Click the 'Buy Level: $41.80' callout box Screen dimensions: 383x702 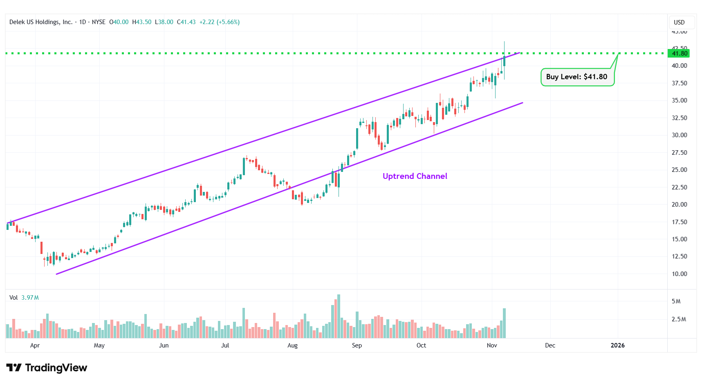(577, 77)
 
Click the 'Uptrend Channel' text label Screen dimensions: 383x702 (415, 176)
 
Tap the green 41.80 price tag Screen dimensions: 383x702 (679, 53)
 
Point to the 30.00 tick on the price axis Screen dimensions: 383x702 (679, 135)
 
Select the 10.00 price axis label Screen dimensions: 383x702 (679, 274)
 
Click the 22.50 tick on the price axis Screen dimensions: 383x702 (679, 187)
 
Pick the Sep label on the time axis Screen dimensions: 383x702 (357, 345)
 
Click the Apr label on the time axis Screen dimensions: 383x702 (35, 345)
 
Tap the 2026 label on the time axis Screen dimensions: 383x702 (617, 345)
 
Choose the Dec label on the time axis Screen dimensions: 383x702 (550, 345)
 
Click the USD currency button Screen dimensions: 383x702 (679, 22)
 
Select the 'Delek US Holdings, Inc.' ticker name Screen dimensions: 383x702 (41, 22)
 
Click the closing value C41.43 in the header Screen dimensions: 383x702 (186, 22)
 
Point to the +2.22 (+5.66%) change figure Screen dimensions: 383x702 (219, 22)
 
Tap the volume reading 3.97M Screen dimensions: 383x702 (30, 298)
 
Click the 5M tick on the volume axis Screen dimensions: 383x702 (676, 301)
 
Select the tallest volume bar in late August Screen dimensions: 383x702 (339, 316)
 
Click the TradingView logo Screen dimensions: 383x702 (47, 368)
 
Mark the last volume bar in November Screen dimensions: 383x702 (504, 323)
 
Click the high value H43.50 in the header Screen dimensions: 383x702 (142, 22)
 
